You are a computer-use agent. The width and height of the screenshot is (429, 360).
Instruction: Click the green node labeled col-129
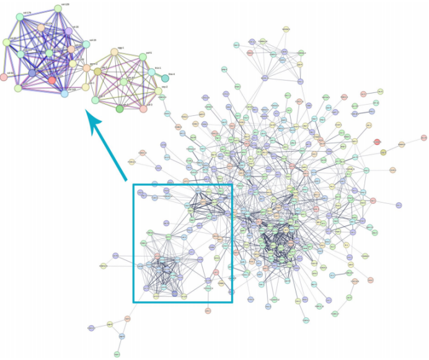pyautogui.click(x=58, y=9)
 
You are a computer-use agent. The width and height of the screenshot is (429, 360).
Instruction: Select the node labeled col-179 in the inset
pyautogui.click(x=19, y=17)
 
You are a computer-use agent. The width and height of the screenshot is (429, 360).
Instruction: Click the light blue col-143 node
pyautogui.click(x=64, y=94)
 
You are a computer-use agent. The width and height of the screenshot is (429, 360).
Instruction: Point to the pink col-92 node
pyautogui.click(x=4, y=77)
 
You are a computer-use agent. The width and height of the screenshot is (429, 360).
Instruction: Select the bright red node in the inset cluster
pyautogui.click(x=52, y=80)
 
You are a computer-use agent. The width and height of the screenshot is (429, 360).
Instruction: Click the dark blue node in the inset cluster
pyautogui.click(x=32, y=74)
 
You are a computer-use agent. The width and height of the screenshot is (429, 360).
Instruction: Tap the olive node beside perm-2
pyautogui.click(x=97, y=72)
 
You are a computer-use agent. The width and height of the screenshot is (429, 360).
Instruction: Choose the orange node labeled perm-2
pyautogui.click(x=87, y=67)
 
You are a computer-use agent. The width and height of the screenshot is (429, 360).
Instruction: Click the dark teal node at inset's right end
pyautogui.click(x=165, y=78)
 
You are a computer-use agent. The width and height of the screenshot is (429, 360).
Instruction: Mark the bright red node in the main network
pyautogui.click(x=377, y=142)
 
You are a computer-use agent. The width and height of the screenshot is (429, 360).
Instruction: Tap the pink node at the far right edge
pyautogui.click(x=423, y=138)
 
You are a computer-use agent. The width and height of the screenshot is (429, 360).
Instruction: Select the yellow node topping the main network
pyautogui.click(x=286, y=29)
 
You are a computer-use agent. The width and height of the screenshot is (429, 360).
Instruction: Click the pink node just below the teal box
pyautogui.click(x=208, y=310)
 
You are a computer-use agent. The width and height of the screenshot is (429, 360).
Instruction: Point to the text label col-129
pyautogui.click(x=64, y=4)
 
